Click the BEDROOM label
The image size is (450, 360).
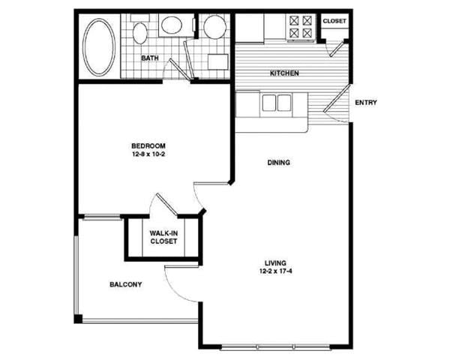(x=148, y=145)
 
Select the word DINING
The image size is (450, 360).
(x=277, y=163)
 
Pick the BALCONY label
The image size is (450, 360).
(x=126, y=285)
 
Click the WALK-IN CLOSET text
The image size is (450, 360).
(x=163, y=238)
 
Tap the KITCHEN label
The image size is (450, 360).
(x=285, y=73)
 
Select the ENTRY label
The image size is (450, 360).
(x=365, y=103)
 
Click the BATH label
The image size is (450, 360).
(x=149, y=58)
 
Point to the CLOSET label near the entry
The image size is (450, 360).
(x=334, y=21)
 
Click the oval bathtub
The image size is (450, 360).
(x=99, y=46)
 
